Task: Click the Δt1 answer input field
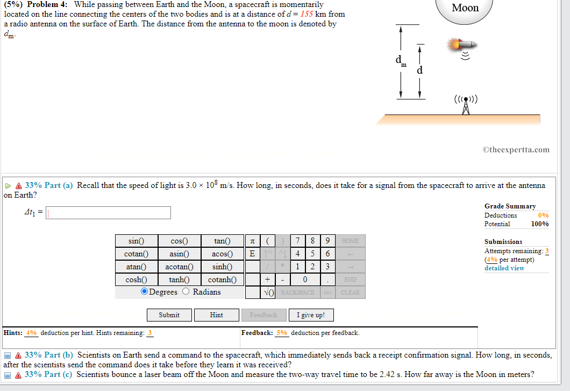109,213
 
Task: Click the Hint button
216,315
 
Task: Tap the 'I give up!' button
311,315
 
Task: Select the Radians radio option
186,291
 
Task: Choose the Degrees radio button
145,291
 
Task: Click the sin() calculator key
136,241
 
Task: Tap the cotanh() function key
222,280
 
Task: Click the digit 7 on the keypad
297,241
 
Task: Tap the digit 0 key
305,280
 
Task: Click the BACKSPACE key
297,292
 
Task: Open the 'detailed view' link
504,268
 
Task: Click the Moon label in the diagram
465,8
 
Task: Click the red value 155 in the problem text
307,14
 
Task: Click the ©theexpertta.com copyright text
516,150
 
